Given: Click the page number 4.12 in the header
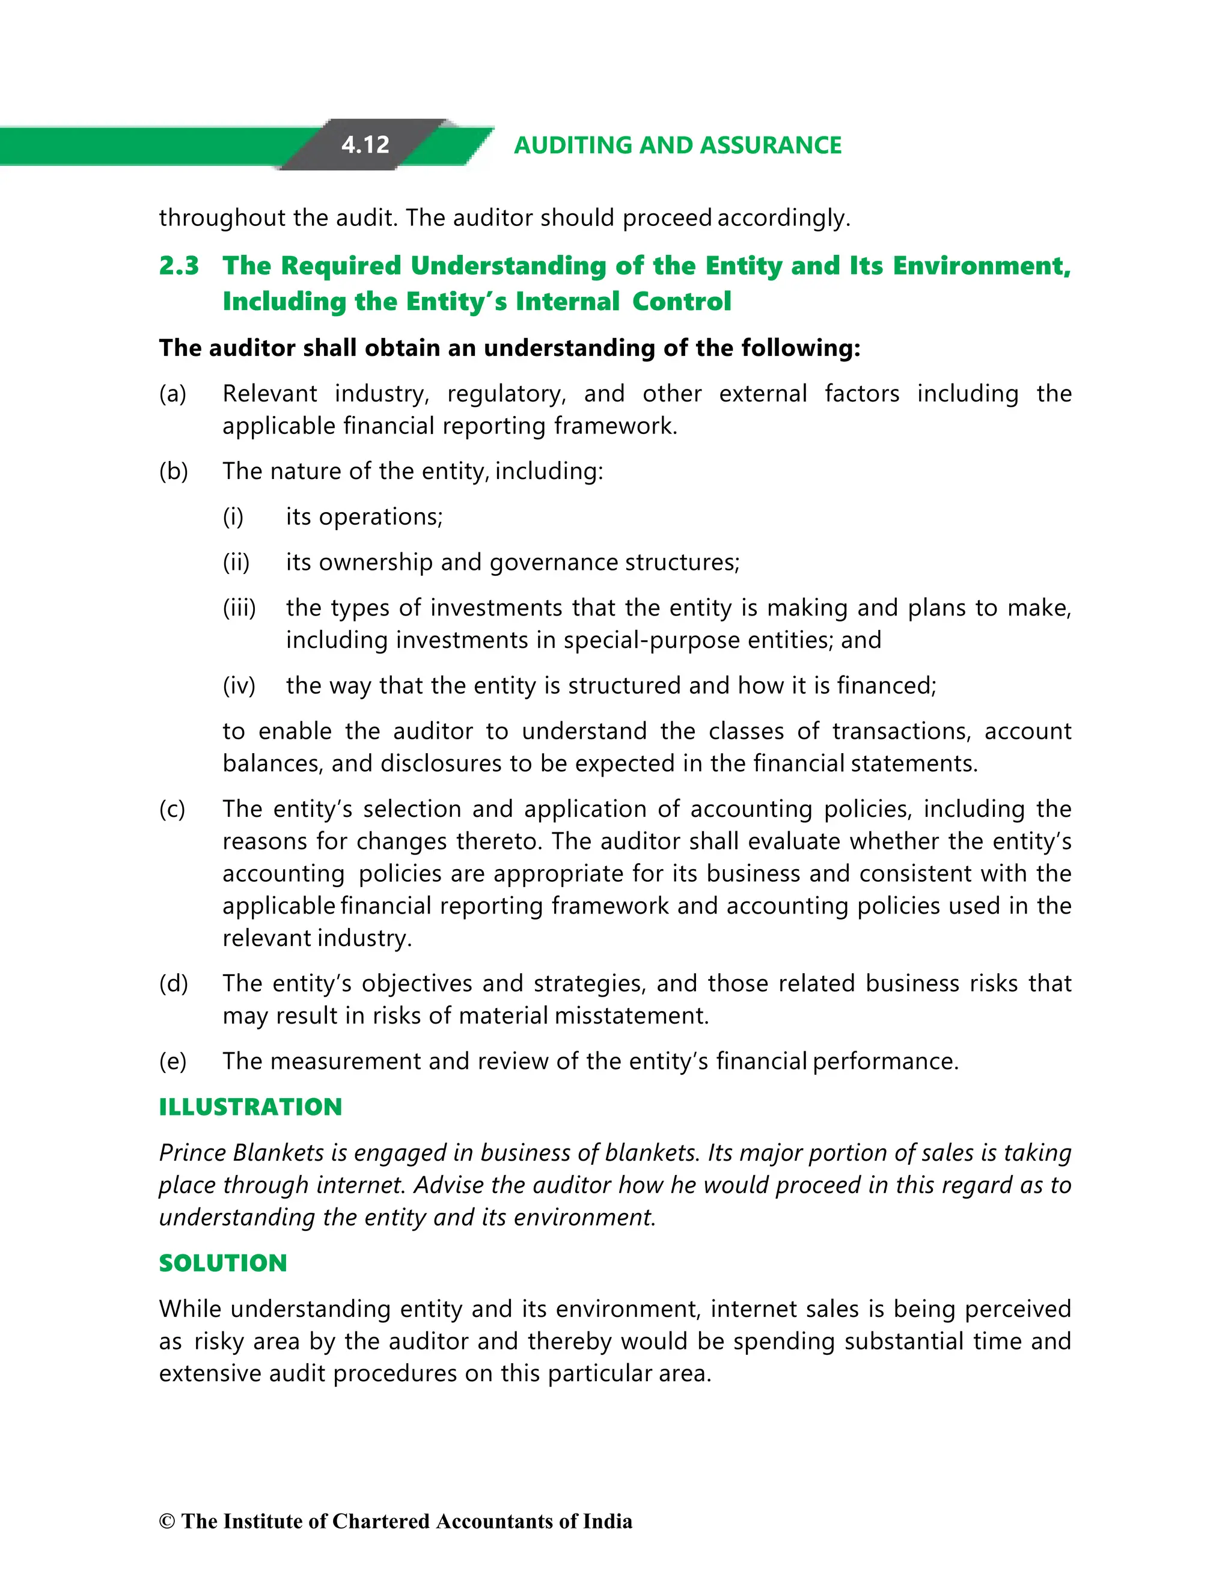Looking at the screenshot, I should (365, 145).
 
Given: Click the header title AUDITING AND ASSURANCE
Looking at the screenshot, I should (677, 145).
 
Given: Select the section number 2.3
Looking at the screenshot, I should (179, 266).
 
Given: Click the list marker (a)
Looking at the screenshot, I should (173, 394).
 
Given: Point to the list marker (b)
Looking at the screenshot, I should (174, 471).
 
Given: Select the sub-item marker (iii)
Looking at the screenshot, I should (239, 608).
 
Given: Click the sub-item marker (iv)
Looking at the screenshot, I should (239, 686).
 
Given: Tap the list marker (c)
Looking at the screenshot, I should (173, 809).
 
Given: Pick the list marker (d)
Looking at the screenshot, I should (174, 984).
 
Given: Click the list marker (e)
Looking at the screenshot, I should (173, 1061).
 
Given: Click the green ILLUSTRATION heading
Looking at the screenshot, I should (250, 1107).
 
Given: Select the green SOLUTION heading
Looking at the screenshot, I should (222, 1263).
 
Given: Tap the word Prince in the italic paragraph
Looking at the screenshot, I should (194, 1153).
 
